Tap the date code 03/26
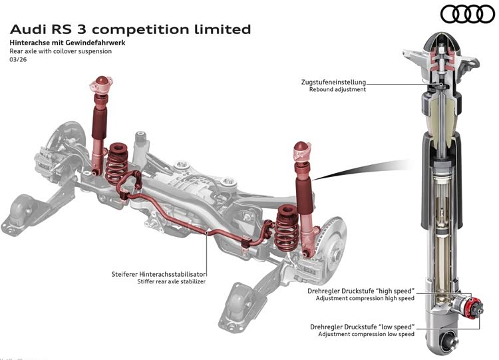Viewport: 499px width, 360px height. (x=18, y=61)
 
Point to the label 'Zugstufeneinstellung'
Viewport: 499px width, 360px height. (x=333, y=82)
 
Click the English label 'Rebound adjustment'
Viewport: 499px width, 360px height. (x=337, y=90)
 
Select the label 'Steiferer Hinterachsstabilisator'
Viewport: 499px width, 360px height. (x=158, y=273)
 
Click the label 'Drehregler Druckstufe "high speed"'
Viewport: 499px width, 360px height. (x=361, y=291)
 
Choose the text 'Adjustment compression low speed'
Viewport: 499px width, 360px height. (x=366, y=334)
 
